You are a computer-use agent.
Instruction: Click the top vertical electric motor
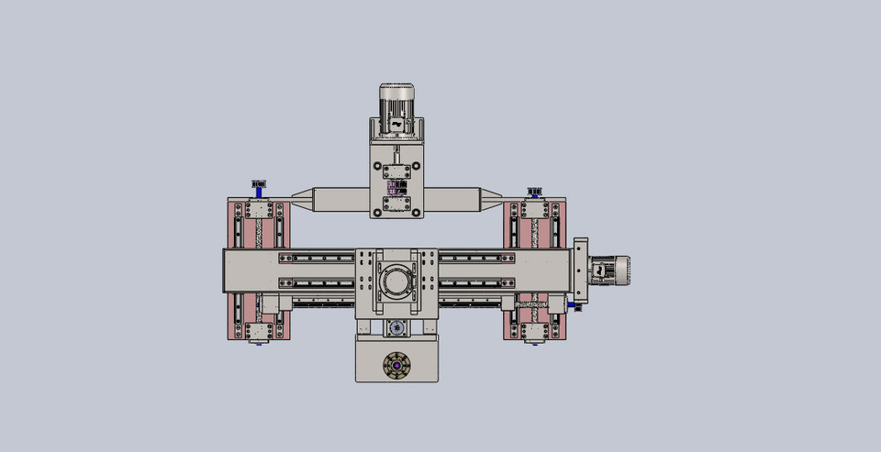pos(396,101)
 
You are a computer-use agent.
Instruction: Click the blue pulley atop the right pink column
pos(533,193)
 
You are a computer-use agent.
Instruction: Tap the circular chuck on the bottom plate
pos(396,365)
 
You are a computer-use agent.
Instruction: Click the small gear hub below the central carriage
pos(396,327)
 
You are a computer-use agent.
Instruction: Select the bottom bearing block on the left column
pos(259,330)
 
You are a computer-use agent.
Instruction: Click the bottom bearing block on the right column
pos(533,330)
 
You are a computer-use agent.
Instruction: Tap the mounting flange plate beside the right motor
pos(580,270)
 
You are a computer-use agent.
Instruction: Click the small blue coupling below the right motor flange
pos(578,307)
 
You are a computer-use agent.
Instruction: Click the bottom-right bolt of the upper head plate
pos(416,213)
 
